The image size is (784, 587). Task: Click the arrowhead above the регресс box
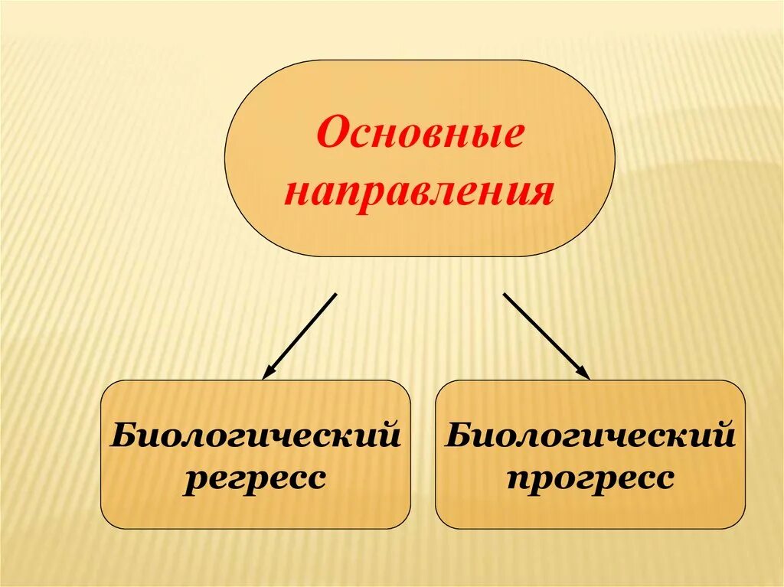[267, 374]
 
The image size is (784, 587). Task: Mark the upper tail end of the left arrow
[335, 293]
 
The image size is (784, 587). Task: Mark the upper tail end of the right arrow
[505, 293]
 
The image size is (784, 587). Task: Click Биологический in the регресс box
[256, 437]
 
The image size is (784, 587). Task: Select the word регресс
[255, 479]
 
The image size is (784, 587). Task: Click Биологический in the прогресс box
[590, 437]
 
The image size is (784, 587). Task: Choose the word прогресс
[590, 479]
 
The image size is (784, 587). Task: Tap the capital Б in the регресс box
[121, 436]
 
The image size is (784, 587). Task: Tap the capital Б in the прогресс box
[457, 436]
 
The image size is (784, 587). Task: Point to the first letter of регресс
[191, 481]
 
